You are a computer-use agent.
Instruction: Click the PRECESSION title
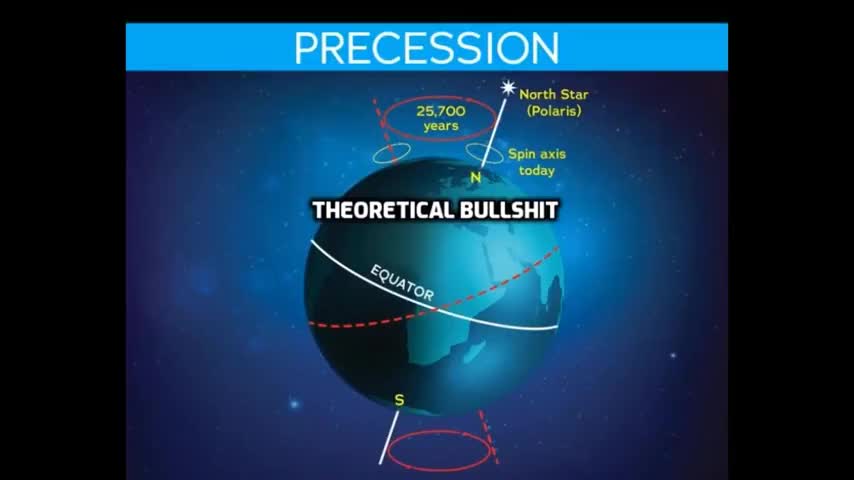coord(427,47)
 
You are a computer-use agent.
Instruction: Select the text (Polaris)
coord(553,111)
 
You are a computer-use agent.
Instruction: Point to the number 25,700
coord(440,111)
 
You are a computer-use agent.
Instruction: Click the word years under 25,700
coord(440,126)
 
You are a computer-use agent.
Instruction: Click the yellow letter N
coord(476,179)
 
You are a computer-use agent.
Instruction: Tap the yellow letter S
coord(399,400)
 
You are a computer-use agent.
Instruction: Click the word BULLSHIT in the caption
coord(507,211)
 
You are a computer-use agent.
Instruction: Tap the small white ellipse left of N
coord(391,156)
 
